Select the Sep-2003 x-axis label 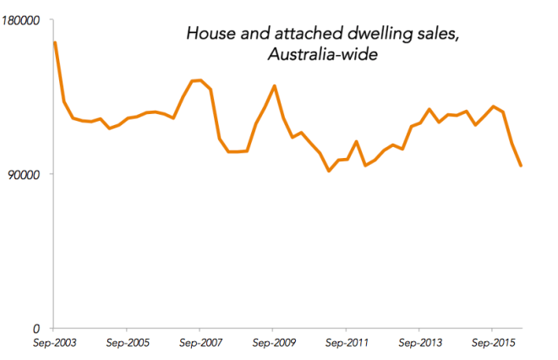[x=54, y=344]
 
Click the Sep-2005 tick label [x=127, y=344]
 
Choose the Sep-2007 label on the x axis [x=200, y=344]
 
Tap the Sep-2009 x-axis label [x=273, y=344]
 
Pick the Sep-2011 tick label [x=346, y=344]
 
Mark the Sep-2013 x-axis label [x=419, y=344]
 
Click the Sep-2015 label [x=492, y=344]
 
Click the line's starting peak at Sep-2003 [x=55, y=42]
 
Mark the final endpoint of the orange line [x=521, y=166]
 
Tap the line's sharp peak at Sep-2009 [x=274, y=85]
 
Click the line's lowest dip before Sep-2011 [x=329, y=171]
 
